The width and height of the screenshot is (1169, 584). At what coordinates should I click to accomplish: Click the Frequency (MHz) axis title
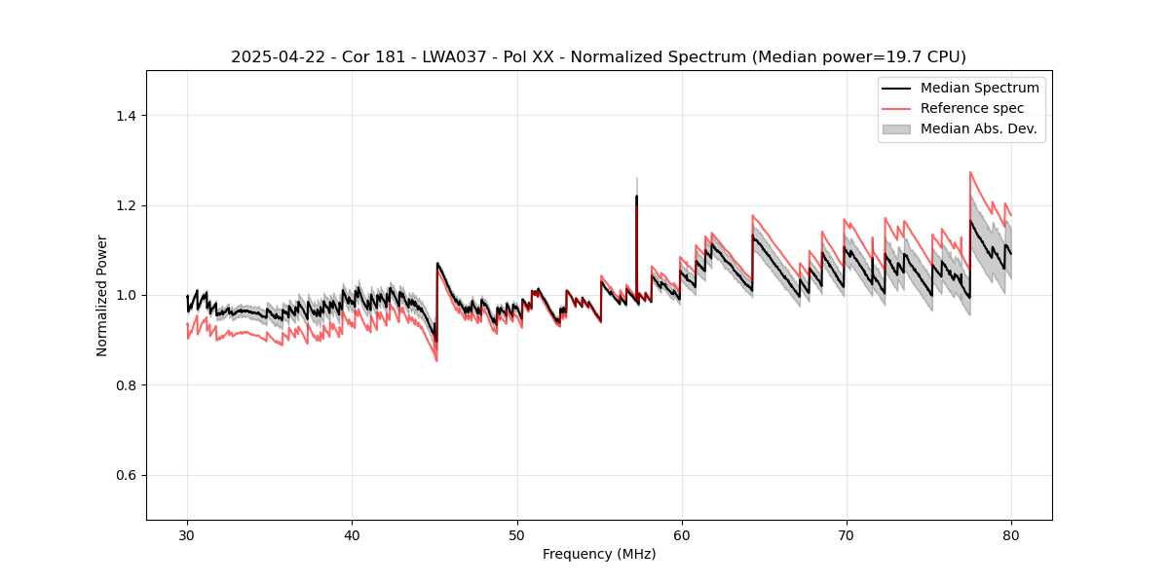599,554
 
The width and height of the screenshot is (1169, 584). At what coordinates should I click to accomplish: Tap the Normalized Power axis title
102,295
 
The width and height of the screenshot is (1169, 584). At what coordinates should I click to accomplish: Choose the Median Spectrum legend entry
979,88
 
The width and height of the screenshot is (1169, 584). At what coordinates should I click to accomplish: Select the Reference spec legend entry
971,108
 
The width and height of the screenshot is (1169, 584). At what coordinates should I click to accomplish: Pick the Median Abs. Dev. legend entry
978,128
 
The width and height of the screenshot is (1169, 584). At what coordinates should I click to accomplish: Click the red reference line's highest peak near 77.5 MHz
970,172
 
